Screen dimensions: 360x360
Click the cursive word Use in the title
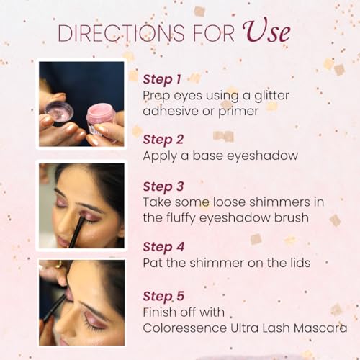(266, 32)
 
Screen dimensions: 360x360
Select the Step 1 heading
(162, 79)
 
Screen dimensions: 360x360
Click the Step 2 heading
(163, 140)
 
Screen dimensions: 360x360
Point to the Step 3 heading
(163, 186)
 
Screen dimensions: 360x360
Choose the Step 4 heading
(163, 247)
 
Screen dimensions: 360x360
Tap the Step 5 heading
(163, 296)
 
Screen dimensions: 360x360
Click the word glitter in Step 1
(271, 95)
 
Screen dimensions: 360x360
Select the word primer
(238, 112)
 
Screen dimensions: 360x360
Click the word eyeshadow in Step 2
(262, 156)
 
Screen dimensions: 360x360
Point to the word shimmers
(279, 202)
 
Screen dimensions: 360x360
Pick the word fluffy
(180, 218)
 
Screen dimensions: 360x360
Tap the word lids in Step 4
(300, 263)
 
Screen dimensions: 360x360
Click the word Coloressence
(185, 328)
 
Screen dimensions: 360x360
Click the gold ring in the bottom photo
(58, 264)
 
